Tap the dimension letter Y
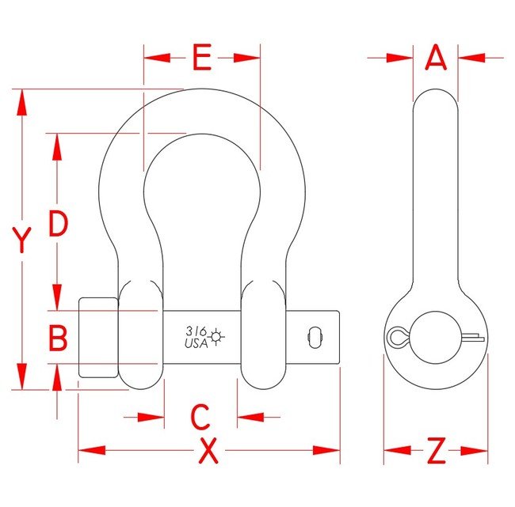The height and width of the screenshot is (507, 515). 23,240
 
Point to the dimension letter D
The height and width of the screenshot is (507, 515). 58,225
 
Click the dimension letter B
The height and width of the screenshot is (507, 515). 58,339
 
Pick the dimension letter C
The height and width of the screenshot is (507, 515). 200,416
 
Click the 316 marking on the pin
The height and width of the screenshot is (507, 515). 196,331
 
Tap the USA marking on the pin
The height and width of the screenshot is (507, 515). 196,343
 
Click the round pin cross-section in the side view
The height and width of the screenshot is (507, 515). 436,336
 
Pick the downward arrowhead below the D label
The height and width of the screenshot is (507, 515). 58,296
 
